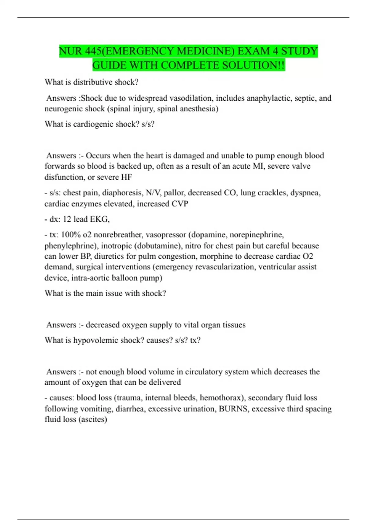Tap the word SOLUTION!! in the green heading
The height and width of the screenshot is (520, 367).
click(x=254, y=65)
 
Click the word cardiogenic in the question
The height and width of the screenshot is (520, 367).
click(x=91, y=124)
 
